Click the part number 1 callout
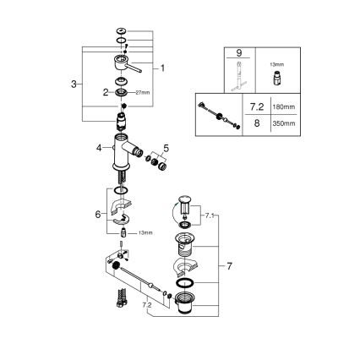pyautogui.click(x=162, y=67)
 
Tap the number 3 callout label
pyautogui.click(x=76, y=84)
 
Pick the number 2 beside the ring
pyautogui.click(x=107, y=91)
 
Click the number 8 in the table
pyautogui.click(x=254, y=123)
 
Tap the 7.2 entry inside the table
pyautogui.click(x=254, y=107)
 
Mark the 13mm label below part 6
pyautogui.click(x=146, y=231)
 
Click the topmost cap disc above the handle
pyautogui.click(x=122, y=31)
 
